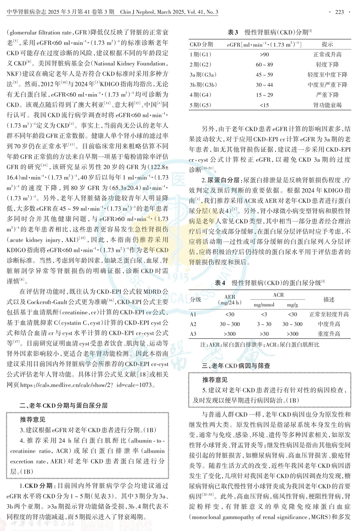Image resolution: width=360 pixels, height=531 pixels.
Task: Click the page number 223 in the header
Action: (339, 12)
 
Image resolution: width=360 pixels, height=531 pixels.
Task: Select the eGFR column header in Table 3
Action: (264, 45)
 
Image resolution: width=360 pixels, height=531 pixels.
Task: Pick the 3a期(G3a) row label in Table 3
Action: (203, 75)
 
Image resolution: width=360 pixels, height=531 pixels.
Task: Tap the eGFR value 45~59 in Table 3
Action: (264, 75)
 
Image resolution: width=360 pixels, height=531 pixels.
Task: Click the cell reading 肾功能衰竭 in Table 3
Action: (327, 105)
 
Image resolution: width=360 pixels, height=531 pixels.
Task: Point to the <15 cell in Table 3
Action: (264, 105)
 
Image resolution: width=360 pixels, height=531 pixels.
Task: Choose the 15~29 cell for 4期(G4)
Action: (264, 95)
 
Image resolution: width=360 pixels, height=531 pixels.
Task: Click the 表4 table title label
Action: (220, 283)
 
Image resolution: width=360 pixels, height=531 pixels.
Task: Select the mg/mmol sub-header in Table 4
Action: (264, 305)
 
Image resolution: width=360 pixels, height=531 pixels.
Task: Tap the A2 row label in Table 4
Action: (193, 324)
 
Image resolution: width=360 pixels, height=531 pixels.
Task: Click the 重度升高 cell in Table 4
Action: (329, 334)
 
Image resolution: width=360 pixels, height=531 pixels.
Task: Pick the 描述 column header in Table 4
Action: (329, 299)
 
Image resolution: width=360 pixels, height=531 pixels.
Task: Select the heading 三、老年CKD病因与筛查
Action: (235, 366)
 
